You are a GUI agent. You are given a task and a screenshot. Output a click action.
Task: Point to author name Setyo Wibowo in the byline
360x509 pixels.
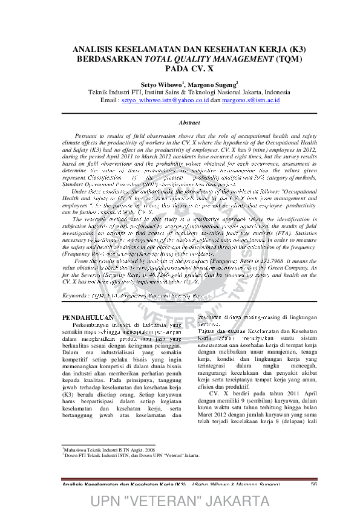pyautogui.click(x=161, y=85)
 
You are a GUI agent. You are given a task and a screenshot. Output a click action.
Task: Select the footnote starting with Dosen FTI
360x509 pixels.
pyautogui.click(x=131, y=472)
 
